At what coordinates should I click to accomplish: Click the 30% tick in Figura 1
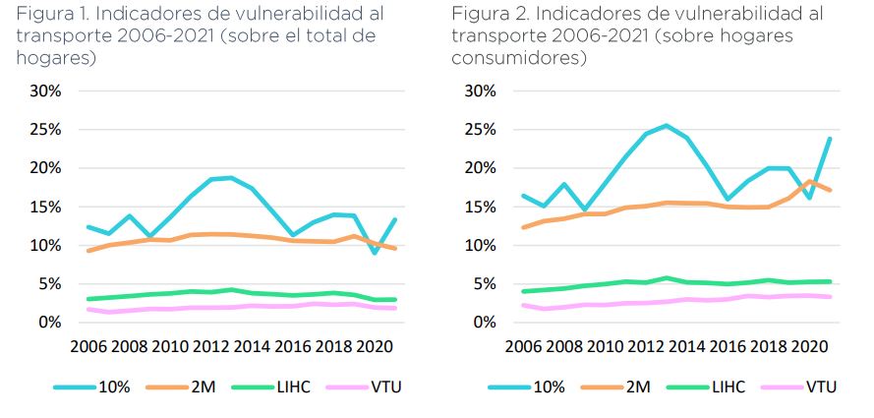click(44, 90)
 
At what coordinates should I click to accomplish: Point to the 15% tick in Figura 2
click(480, 207)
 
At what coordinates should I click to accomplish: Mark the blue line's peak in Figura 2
click(666, 125)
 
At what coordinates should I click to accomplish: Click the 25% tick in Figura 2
click(480, 130)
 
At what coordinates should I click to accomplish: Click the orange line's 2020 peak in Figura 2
click(808, 181)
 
